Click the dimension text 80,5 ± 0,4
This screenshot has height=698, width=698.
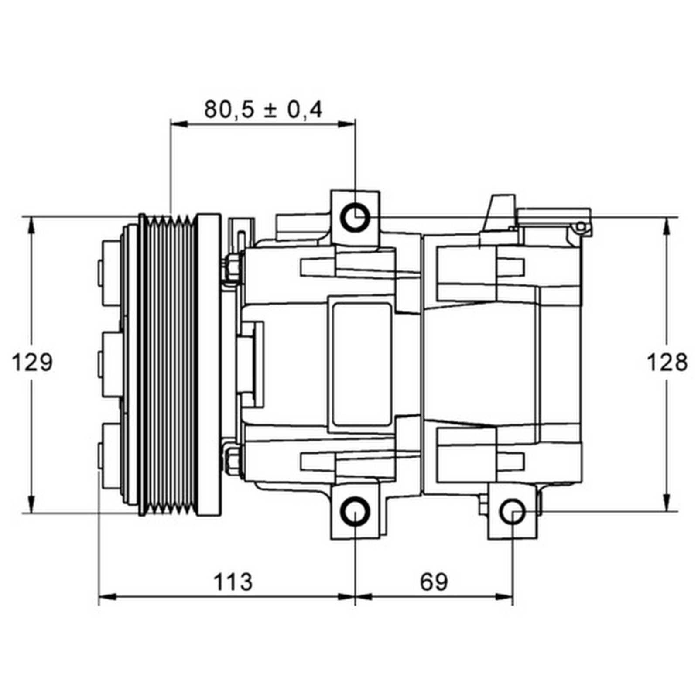click(x=263, y=109)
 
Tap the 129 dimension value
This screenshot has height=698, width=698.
click(x=32, y=363)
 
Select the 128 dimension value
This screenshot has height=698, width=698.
click(x=667, y=363)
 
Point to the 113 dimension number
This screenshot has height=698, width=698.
click(x=233, y=582)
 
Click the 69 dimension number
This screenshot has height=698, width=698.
click(x=434, y=582)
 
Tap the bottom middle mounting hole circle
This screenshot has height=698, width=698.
click(x=355, y=511)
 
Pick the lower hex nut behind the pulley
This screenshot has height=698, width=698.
click(x=233, y=458)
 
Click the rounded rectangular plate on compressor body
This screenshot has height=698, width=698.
click(x=361, y=364)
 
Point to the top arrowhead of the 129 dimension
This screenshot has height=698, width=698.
click(x=31, y=225)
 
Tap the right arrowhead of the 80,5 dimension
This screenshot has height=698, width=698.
click(x=347, y=124)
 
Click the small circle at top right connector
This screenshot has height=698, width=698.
click(x=580, y=226)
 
